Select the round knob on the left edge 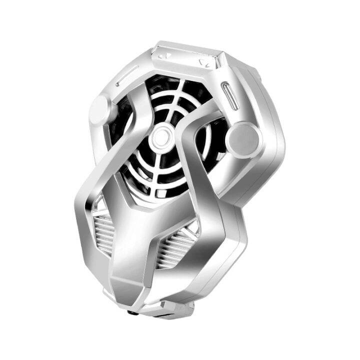(x=100, y=107)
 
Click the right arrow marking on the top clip (x=202, y=62)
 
